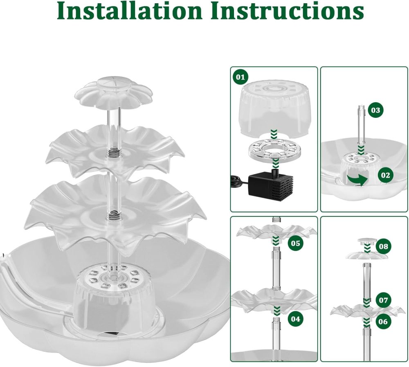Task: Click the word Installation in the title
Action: click(x=128, y=11)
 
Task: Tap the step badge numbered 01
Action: click(x=240, y=77)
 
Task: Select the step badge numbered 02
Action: click(x=385, y=176)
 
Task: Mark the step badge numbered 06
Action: click(x=383, y=322)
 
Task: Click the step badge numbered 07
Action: click(x=383, y=300)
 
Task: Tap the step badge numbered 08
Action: click(x=383, y=246)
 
